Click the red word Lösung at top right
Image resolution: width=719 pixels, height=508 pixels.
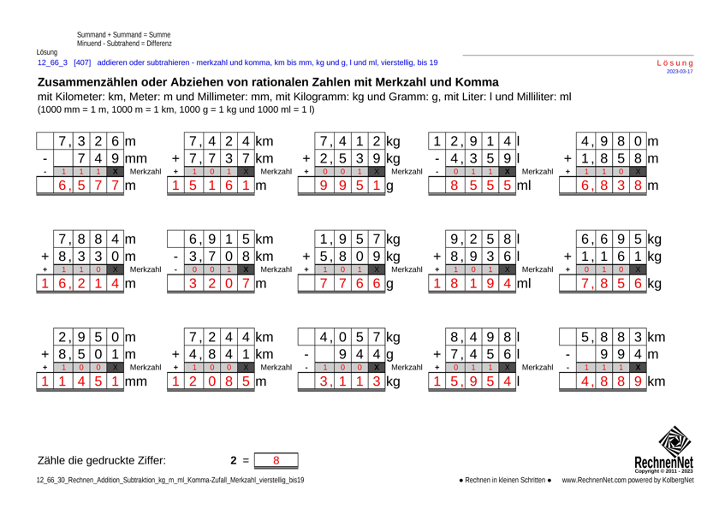click(x=674, y=62)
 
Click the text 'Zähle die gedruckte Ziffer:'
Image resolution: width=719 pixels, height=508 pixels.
click(x=101, y=460)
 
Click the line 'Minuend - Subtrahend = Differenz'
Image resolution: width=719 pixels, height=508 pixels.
click(x=124, y=42)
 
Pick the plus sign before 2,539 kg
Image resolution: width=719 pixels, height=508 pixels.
click(x=306, y=158)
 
